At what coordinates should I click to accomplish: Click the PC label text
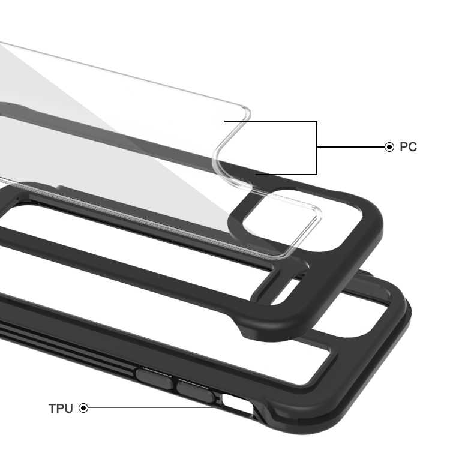[x=408, y=147]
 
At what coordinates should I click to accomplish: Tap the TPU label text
[x=61, y=409]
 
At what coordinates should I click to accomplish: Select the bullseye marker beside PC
[x=389, y=147]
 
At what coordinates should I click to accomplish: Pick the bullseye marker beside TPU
[x=83, y=408]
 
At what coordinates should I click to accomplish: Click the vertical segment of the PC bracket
[x=317, y=148]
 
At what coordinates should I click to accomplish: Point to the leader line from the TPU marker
[x=152, y=407]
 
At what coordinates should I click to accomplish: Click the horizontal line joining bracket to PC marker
[x=351, y=147]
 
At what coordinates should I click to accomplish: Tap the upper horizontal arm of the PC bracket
[x=271, y=121]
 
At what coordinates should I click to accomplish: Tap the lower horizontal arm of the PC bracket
[x=286, y=174]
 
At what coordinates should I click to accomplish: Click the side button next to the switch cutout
[x=196, y=391]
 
